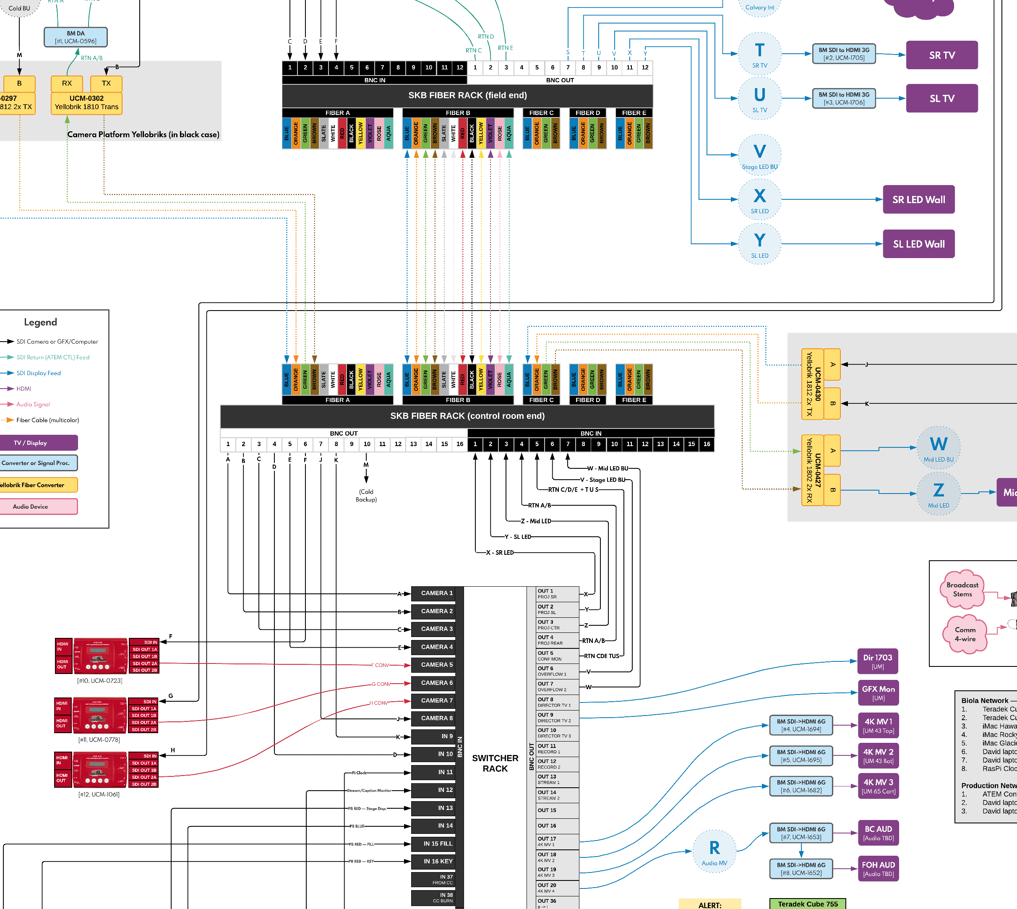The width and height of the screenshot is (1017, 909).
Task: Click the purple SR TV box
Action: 941,55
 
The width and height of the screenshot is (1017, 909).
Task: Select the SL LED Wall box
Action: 919,244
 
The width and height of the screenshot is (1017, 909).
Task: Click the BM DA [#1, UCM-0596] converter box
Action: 76,37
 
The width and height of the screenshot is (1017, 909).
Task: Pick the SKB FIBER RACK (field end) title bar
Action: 467,95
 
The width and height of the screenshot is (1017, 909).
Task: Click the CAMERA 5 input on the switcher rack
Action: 437,665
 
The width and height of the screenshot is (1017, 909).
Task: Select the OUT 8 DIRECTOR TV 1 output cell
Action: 557,702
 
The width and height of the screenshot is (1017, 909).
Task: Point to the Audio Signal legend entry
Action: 33,404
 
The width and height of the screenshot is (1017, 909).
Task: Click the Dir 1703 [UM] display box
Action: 877,661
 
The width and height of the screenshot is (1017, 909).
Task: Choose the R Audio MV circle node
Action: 715,851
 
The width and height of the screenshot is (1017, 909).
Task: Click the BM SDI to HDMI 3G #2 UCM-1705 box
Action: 844,54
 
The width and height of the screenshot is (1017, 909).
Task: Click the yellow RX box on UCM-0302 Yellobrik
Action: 67,84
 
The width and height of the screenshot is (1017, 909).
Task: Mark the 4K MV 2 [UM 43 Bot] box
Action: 878,756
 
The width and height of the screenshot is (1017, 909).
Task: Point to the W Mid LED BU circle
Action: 938,447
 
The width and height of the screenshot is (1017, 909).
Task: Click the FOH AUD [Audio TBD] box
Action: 878,869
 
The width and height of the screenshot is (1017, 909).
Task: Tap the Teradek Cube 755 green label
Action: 807,904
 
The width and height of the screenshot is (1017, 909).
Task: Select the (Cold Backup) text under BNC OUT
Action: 366,496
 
